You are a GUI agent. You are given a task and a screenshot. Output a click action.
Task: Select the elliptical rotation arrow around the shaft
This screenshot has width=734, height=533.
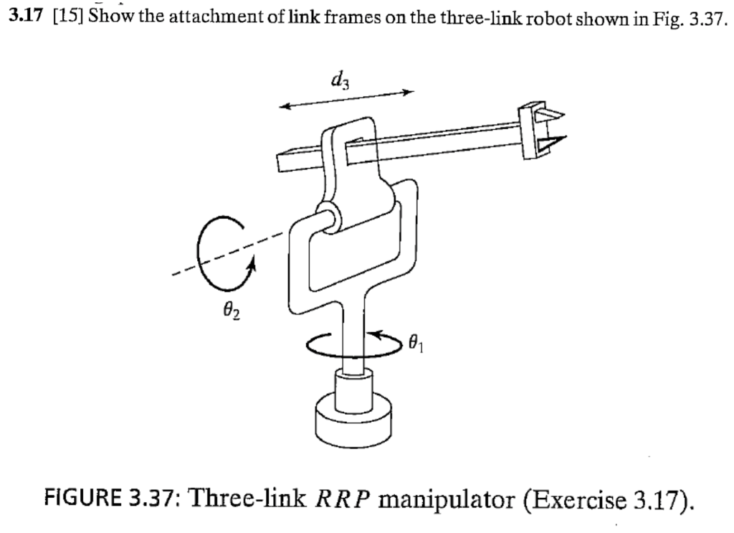tap(352, 345)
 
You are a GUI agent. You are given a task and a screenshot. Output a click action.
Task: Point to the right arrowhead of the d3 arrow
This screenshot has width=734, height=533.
tap(409, 92)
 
